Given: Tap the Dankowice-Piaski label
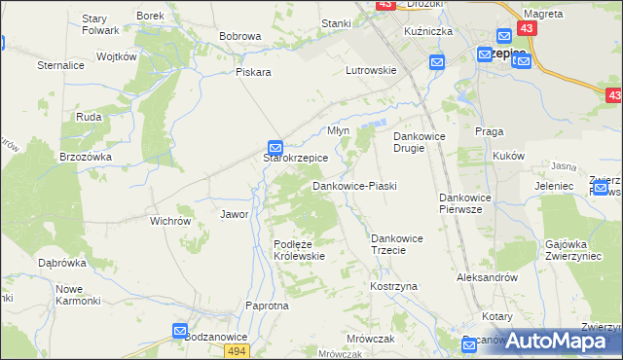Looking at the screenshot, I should (x=354, y=185).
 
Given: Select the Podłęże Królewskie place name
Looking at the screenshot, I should (x=298, y=250).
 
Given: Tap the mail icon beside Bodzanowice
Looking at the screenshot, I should (x=181, y=332).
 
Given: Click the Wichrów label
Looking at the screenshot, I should (x=170, y=221).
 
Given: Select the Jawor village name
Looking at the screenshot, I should (x=235, y=214).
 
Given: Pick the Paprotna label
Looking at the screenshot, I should (x=268, y=306).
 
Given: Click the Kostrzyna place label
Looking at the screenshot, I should (x=393, y=287).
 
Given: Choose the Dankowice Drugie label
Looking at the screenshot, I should (x=419, y=143).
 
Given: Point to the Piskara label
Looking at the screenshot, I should (x=252, y=71).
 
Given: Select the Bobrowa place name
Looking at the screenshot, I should (x=240, y=37).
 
